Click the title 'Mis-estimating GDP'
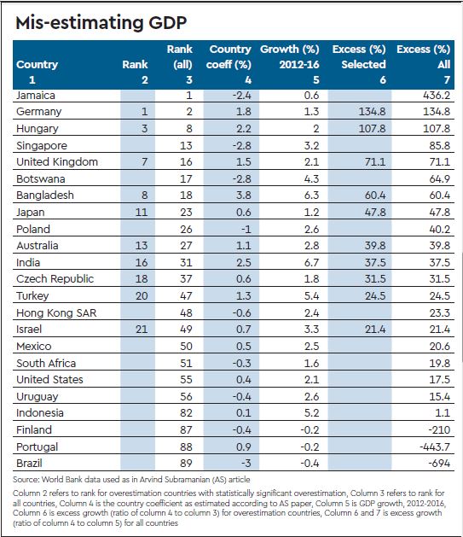click(x=101, y=23)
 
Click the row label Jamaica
click(x=36, y=96)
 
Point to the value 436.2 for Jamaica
click(x=437, y=96)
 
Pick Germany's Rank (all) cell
click(x=189, y=112)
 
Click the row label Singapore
click(x=42, y=146)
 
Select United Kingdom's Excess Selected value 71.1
click(x=375, y=162)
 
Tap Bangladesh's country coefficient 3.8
click(x=244, y=196)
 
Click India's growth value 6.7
click(x=311, y=263)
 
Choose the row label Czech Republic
click(x=55, y=279)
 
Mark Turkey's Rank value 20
click(x=142, y=296)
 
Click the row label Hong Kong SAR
click(x=56, y=313)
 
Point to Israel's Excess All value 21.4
click(x=440, y=330)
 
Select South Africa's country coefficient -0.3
click(x=242, y=364)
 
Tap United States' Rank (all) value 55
click(x=186, y=380)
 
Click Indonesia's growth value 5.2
click(x=311, y=413)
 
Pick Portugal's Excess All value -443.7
click(x=435, y=447)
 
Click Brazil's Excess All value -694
click(x=439, y=464)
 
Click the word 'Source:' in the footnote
click(x=26, y=480)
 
